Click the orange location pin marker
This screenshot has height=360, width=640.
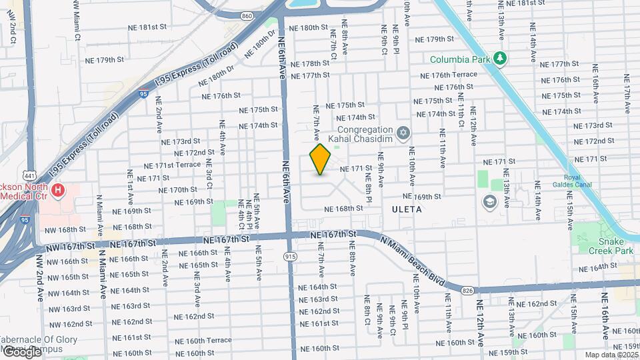pos(321,159)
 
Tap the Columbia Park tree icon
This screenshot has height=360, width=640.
pos(501,59)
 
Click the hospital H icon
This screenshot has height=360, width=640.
pos(59,191)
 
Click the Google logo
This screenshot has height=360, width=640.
pos(22,351)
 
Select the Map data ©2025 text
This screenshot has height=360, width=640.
pos(611,355)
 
